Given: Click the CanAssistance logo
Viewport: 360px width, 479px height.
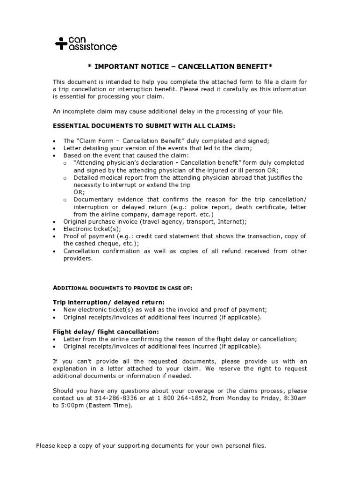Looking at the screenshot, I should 86,43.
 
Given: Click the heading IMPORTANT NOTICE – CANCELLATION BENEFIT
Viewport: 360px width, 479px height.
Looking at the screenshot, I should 180,67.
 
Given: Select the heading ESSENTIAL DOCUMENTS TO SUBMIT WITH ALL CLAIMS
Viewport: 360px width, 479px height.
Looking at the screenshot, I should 144,126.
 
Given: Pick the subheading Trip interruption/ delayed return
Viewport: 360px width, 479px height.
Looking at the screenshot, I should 108,302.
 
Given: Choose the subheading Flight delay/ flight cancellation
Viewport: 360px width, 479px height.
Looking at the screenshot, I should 106,332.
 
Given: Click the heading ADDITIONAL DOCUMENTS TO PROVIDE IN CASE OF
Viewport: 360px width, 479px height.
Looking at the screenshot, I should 122,288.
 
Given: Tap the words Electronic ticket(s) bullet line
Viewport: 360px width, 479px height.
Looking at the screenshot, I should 92,229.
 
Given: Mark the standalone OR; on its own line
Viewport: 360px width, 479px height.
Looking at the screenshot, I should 79,192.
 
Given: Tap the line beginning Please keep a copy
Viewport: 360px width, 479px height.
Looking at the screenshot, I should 151,446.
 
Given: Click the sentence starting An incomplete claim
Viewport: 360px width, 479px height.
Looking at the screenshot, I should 168,111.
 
